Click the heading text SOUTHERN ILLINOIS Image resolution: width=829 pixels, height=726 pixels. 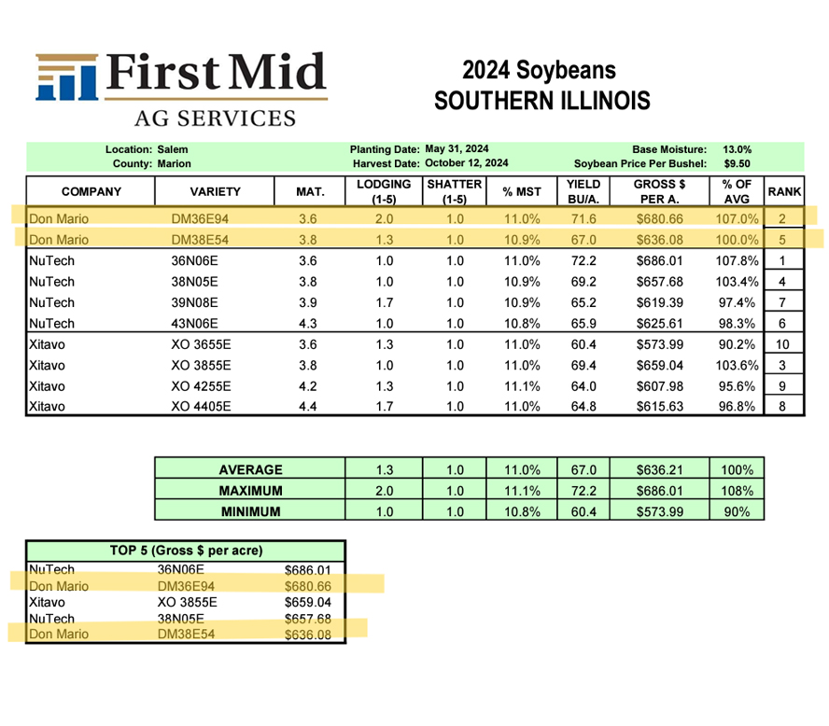click(x=541, y=100)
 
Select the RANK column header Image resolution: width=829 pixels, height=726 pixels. click(x=784, y=192)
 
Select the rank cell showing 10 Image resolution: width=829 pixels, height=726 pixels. click(x=784, y=344)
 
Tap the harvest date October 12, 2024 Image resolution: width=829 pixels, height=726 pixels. click(x=467, y=163)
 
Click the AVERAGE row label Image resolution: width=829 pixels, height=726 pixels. click(x=249, y=469)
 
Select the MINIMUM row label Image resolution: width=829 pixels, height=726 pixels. click(x=249, y=510)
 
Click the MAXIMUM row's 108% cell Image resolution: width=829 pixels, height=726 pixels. click(x=737, y=490)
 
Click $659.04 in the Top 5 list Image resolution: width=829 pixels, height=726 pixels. click(x=307, y=603)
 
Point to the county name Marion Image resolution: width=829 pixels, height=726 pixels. click(x=175, y=163)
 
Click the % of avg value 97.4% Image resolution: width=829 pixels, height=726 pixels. click(x=736, y=302)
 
